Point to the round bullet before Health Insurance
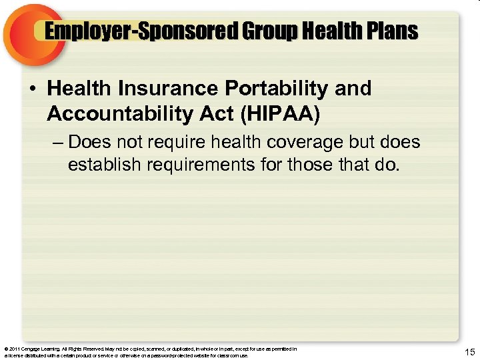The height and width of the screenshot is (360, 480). click(x=33, y=89)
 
